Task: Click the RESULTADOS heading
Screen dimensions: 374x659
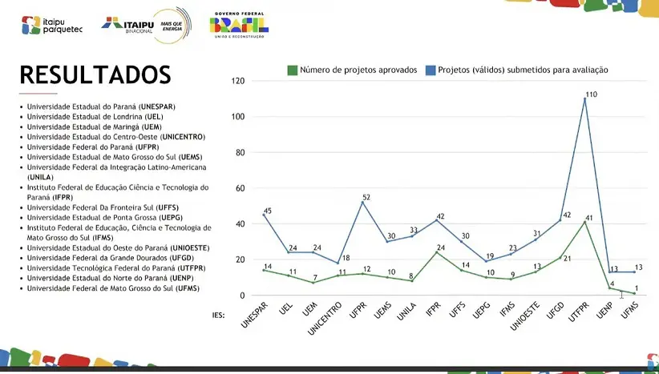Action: coord(95,74)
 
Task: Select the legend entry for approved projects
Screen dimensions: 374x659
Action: coord(353,70)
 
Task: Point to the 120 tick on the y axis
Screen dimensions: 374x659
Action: coord(237,81)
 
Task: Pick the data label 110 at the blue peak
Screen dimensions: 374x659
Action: coord(592,95)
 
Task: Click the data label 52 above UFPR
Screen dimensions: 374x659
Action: coord(366,197)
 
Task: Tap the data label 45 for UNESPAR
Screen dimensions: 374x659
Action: coord(268,211)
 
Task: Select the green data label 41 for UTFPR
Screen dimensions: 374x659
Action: coord(588,218)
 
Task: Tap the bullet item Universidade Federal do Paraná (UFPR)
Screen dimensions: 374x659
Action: coord(92,147)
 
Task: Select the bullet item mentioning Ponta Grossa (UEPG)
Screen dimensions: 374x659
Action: coord(99,218)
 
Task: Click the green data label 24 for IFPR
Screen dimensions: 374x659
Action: coord(440,247)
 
